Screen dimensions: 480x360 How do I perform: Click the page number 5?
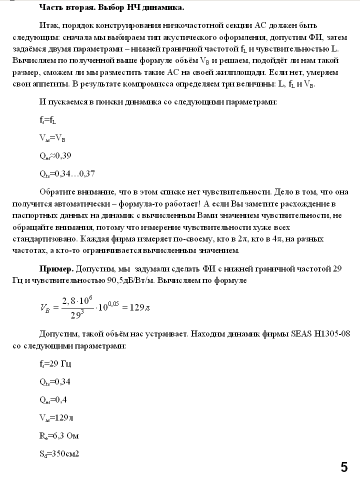(344, 467)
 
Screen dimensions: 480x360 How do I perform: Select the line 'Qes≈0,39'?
(55, 155)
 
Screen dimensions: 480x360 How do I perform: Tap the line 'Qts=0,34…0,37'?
(67, 173)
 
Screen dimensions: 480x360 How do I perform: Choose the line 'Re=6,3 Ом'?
(59, 435)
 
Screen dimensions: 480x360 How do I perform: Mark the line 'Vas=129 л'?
(57, 417)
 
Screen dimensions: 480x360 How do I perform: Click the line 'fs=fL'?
(47, 119)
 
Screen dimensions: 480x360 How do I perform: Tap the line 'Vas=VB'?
(52, 137)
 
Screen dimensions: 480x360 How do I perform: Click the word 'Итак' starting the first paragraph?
(48, 24)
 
